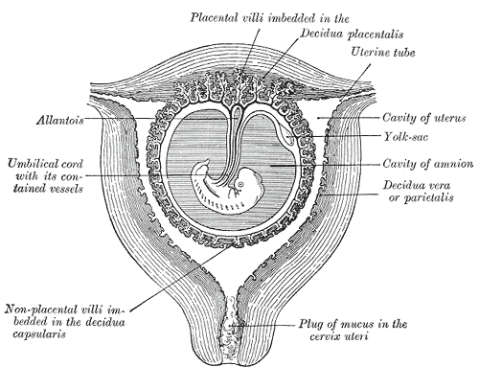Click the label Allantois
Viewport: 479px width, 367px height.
(59, 121)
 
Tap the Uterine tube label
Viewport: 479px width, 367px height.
(383, 52)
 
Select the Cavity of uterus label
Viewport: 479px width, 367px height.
(424, 118)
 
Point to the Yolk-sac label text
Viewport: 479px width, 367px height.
(405, 137)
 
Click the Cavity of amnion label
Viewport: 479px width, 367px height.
(428, 164)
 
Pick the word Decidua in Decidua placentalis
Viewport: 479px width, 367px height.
(322, 34)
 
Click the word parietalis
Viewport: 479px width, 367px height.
(428, 198)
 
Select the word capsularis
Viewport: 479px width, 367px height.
(39, 334)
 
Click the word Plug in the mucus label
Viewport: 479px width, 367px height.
(311, 325)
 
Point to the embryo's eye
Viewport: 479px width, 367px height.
(240, 184)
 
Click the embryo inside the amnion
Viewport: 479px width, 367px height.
(227, 190)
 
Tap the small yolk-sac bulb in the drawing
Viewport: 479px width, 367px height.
(289, 138)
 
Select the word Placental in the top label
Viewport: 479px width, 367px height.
(214, 17)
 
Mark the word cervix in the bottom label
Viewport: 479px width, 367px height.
(325, 336)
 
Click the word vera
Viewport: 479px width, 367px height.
(440, 186)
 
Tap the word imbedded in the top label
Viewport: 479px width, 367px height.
(291, 17)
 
